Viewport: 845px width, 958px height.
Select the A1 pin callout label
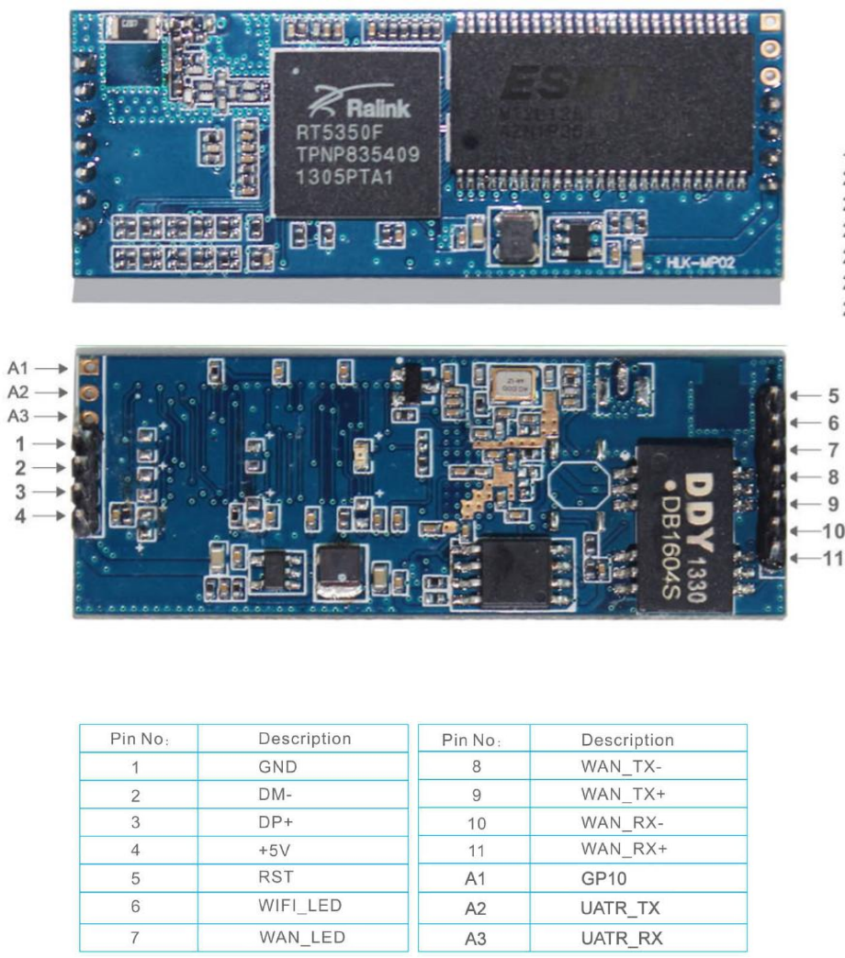tap(18, 368)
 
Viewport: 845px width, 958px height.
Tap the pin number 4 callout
tap(20, 516)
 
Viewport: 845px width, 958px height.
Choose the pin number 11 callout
tap(831, 557)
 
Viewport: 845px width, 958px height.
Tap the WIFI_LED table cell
tap(300, 906)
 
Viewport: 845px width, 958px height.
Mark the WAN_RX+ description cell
tap(624, 850)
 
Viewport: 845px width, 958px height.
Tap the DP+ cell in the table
tap(276, 822)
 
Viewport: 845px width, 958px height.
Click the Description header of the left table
tap(304, 739)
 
